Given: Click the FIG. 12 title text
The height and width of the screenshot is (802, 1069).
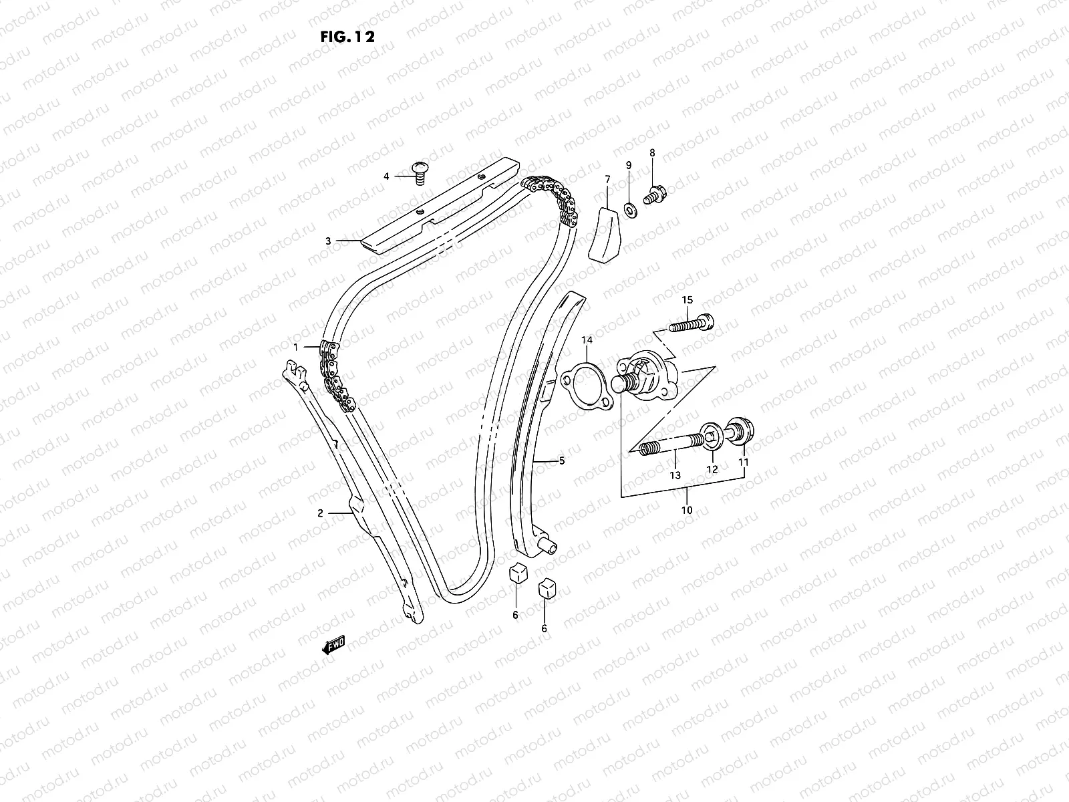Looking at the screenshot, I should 347,36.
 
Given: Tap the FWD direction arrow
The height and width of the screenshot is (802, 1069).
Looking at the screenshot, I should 333,645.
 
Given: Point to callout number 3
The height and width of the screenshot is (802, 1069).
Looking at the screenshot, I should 328,241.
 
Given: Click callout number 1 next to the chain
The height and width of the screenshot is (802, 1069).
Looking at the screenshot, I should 295,346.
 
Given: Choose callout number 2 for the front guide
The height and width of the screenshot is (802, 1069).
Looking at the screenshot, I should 320,513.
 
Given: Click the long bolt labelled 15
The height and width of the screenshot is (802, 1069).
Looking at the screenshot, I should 691,325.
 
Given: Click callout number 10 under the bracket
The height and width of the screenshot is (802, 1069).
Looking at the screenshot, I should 687,511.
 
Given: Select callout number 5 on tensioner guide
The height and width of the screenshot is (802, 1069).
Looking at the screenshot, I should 561,460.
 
